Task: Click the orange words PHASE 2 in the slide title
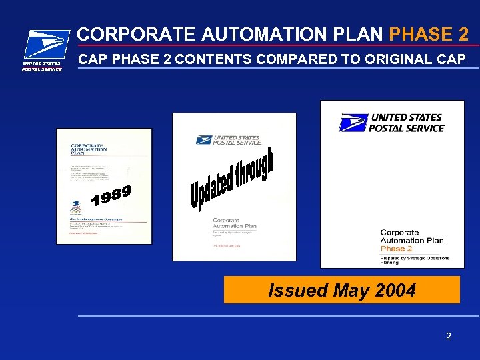point(429,33)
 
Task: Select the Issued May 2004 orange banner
point(341,290)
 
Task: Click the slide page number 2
point(448,336)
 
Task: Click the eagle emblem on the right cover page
point(353,123)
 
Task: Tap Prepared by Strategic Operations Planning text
point(414,260)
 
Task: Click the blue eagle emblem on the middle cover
point(203,139)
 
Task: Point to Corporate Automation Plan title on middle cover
point(234,222)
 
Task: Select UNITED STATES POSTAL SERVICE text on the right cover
point(406,123)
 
